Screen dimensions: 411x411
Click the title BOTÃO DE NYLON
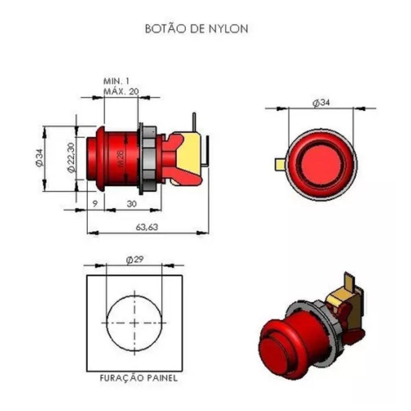[197, 28]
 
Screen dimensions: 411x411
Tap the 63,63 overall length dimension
[147, 227]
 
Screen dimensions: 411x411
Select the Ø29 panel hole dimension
[135, 260]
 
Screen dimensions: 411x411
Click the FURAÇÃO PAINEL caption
[138, 378]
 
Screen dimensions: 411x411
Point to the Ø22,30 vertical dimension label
[71, 158]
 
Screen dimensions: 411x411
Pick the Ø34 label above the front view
[321, 102]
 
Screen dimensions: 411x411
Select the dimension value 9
[95, 203]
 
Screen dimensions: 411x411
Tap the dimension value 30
[132, 203]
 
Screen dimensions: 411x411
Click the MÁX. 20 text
[121, 92]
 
